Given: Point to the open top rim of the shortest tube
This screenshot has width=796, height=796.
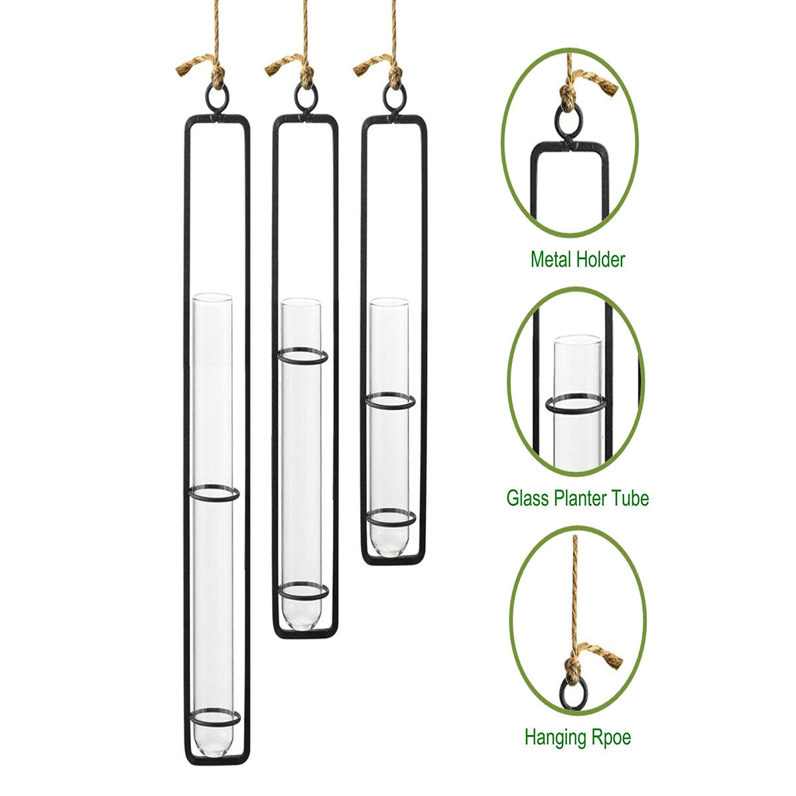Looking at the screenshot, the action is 389,302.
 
